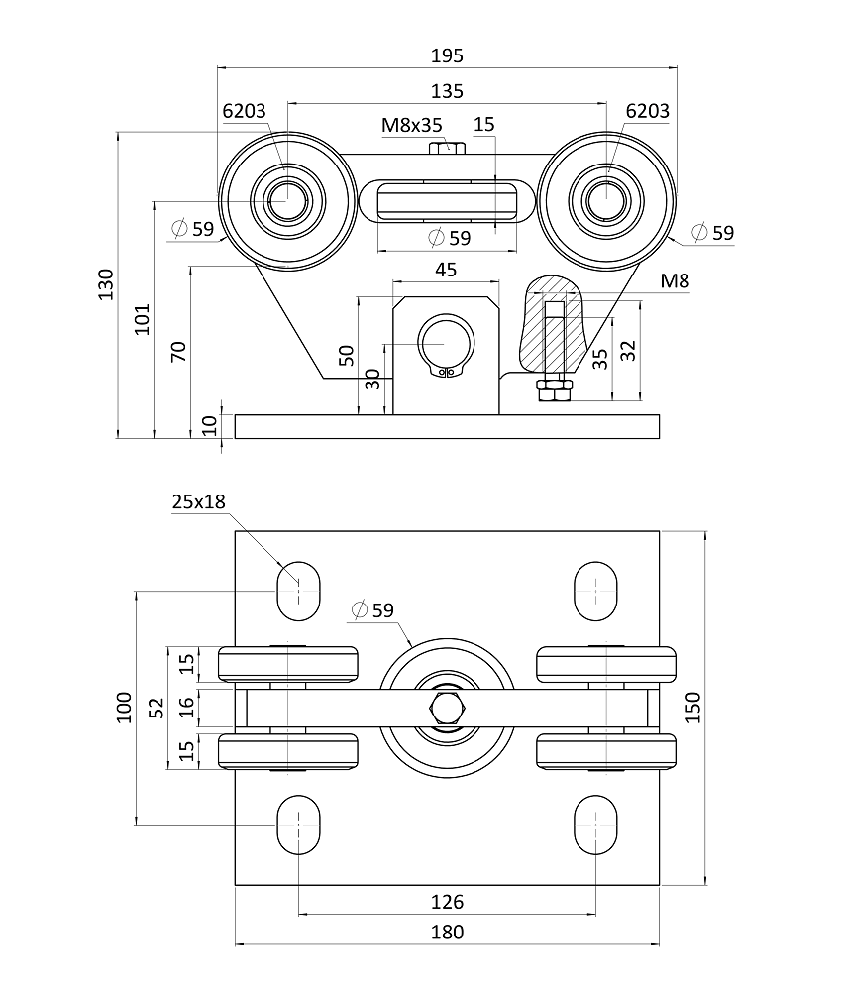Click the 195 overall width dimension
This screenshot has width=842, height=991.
click(447, 55)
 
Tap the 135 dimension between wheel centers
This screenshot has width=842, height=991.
click(447, 91)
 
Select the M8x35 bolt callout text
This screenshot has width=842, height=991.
click(412, 125)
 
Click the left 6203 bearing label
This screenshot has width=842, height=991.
click(245, 111)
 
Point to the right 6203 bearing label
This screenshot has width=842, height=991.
click(648, 111)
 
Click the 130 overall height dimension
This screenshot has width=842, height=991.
click(106, 285)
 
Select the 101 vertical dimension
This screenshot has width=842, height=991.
click(143, 319)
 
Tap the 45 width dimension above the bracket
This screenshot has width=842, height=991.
click(446, 270)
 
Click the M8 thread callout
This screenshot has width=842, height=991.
click(675, 280)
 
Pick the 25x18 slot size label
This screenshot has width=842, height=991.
click(199, 501)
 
